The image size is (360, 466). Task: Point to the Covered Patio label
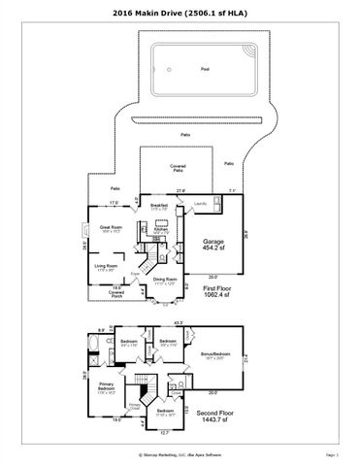[178, 169]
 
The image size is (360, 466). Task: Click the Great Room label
[109, 230]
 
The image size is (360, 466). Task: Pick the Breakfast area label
[160, 208]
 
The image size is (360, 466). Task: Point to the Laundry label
[200, 203]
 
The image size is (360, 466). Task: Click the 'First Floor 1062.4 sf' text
[215, 291]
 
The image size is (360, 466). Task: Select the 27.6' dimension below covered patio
[180, 190]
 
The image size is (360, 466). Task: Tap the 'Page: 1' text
[331, 452]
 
